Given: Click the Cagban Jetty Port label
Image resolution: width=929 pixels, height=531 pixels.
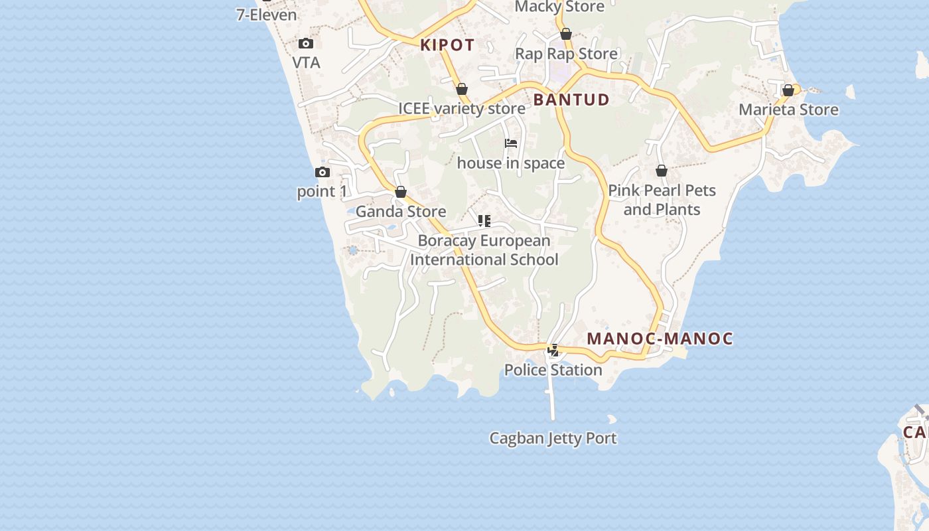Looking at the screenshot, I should [x=553, y=438].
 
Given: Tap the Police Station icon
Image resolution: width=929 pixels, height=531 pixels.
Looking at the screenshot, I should [x=553, y=350].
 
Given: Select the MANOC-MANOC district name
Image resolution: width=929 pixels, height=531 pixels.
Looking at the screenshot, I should [x=660, y=339].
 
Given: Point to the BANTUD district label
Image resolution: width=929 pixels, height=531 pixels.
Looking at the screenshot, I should [x=571, y=100].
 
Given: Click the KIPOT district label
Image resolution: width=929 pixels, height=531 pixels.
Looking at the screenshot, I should [x=447, y=45].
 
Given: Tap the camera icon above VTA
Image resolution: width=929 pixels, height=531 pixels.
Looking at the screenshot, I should [x=306, y=44].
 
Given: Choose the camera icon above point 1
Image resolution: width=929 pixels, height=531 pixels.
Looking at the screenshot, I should [x=322, y=173].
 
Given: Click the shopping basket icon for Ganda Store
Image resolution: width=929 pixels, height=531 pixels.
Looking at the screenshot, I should [x=401, y=192].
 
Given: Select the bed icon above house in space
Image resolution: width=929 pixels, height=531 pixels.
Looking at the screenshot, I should [x=511, y=143].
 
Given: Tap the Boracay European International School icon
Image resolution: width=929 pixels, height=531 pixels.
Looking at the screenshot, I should [x=484, y=221].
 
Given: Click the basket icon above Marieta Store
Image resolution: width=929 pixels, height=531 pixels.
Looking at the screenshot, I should [x=788, y=90].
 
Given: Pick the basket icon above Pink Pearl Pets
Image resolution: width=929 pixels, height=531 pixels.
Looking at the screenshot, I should [x=662, y=171].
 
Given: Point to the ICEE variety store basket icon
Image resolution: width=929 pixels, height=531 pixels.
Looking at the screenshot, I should [x=462, y=89].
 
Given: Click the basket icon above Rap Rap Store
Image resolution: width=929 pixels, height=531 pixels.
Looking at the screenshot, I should [x=566, y=34].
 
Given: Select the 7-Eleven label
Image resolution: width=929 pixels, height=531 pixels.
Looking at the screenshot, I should [x=266, y=15].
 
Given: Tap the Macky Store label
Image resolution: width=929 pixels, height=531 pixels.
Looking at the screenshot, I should [x=559, y=7].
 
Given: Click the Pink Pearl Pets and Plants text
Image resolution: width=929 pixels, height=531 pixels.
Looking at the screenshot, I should [x=662, y=200].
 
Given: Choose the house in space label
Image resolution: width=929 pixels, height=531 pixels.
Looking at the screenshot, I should [x=511, y=163].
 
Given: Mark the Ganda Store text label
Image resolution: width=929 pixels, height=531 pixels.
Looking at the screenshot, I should [x=401, y=212].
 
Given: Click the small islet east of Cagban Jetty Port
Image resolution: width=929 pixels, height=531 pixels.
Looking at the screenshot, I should [x=612, y=419].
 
